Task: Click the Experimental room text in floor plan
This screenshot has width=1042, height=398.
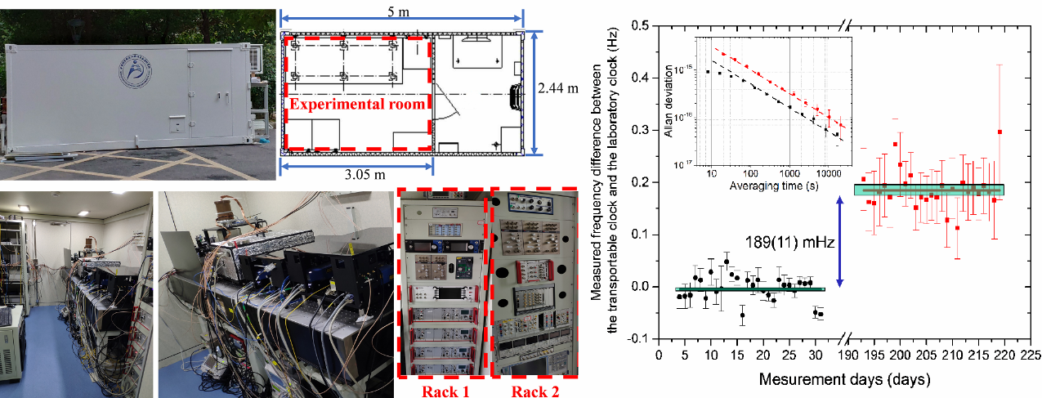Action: pos(356,104)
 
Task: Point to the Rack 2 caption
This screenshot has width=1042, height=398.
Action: pos(537,390)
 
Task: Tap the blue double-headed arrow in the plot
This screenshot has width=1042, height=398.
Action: pos(841,240)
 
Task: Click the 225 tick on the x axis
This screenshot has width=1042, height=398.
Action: pos(1030,356)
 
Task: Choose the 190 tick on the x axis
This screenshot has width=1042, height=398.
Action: pos(847,356)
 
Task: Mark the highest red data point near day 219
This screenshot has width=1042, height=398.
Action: pos(1000,132)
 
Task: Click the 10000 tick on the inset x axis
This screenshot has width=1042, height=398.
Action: pos(827,174)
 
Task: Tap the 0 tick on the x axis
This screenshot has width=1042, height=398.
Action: pos(659,356)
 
